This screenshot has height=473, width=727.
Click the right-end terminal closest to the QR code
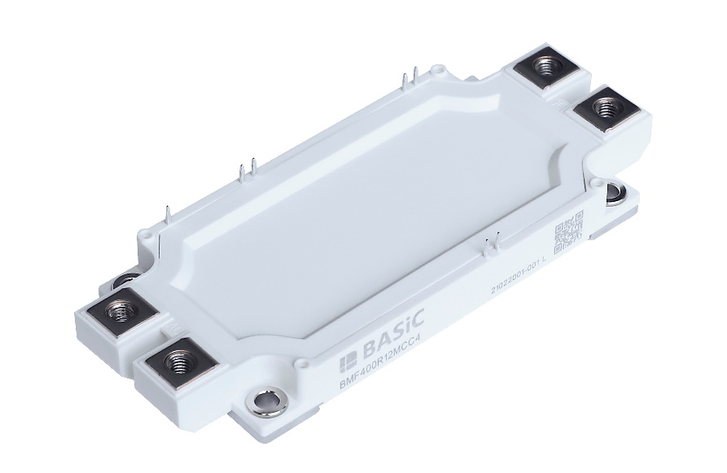pos(603,106)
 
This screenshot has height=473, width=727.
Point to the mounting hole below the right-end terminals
pos(616,192)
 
